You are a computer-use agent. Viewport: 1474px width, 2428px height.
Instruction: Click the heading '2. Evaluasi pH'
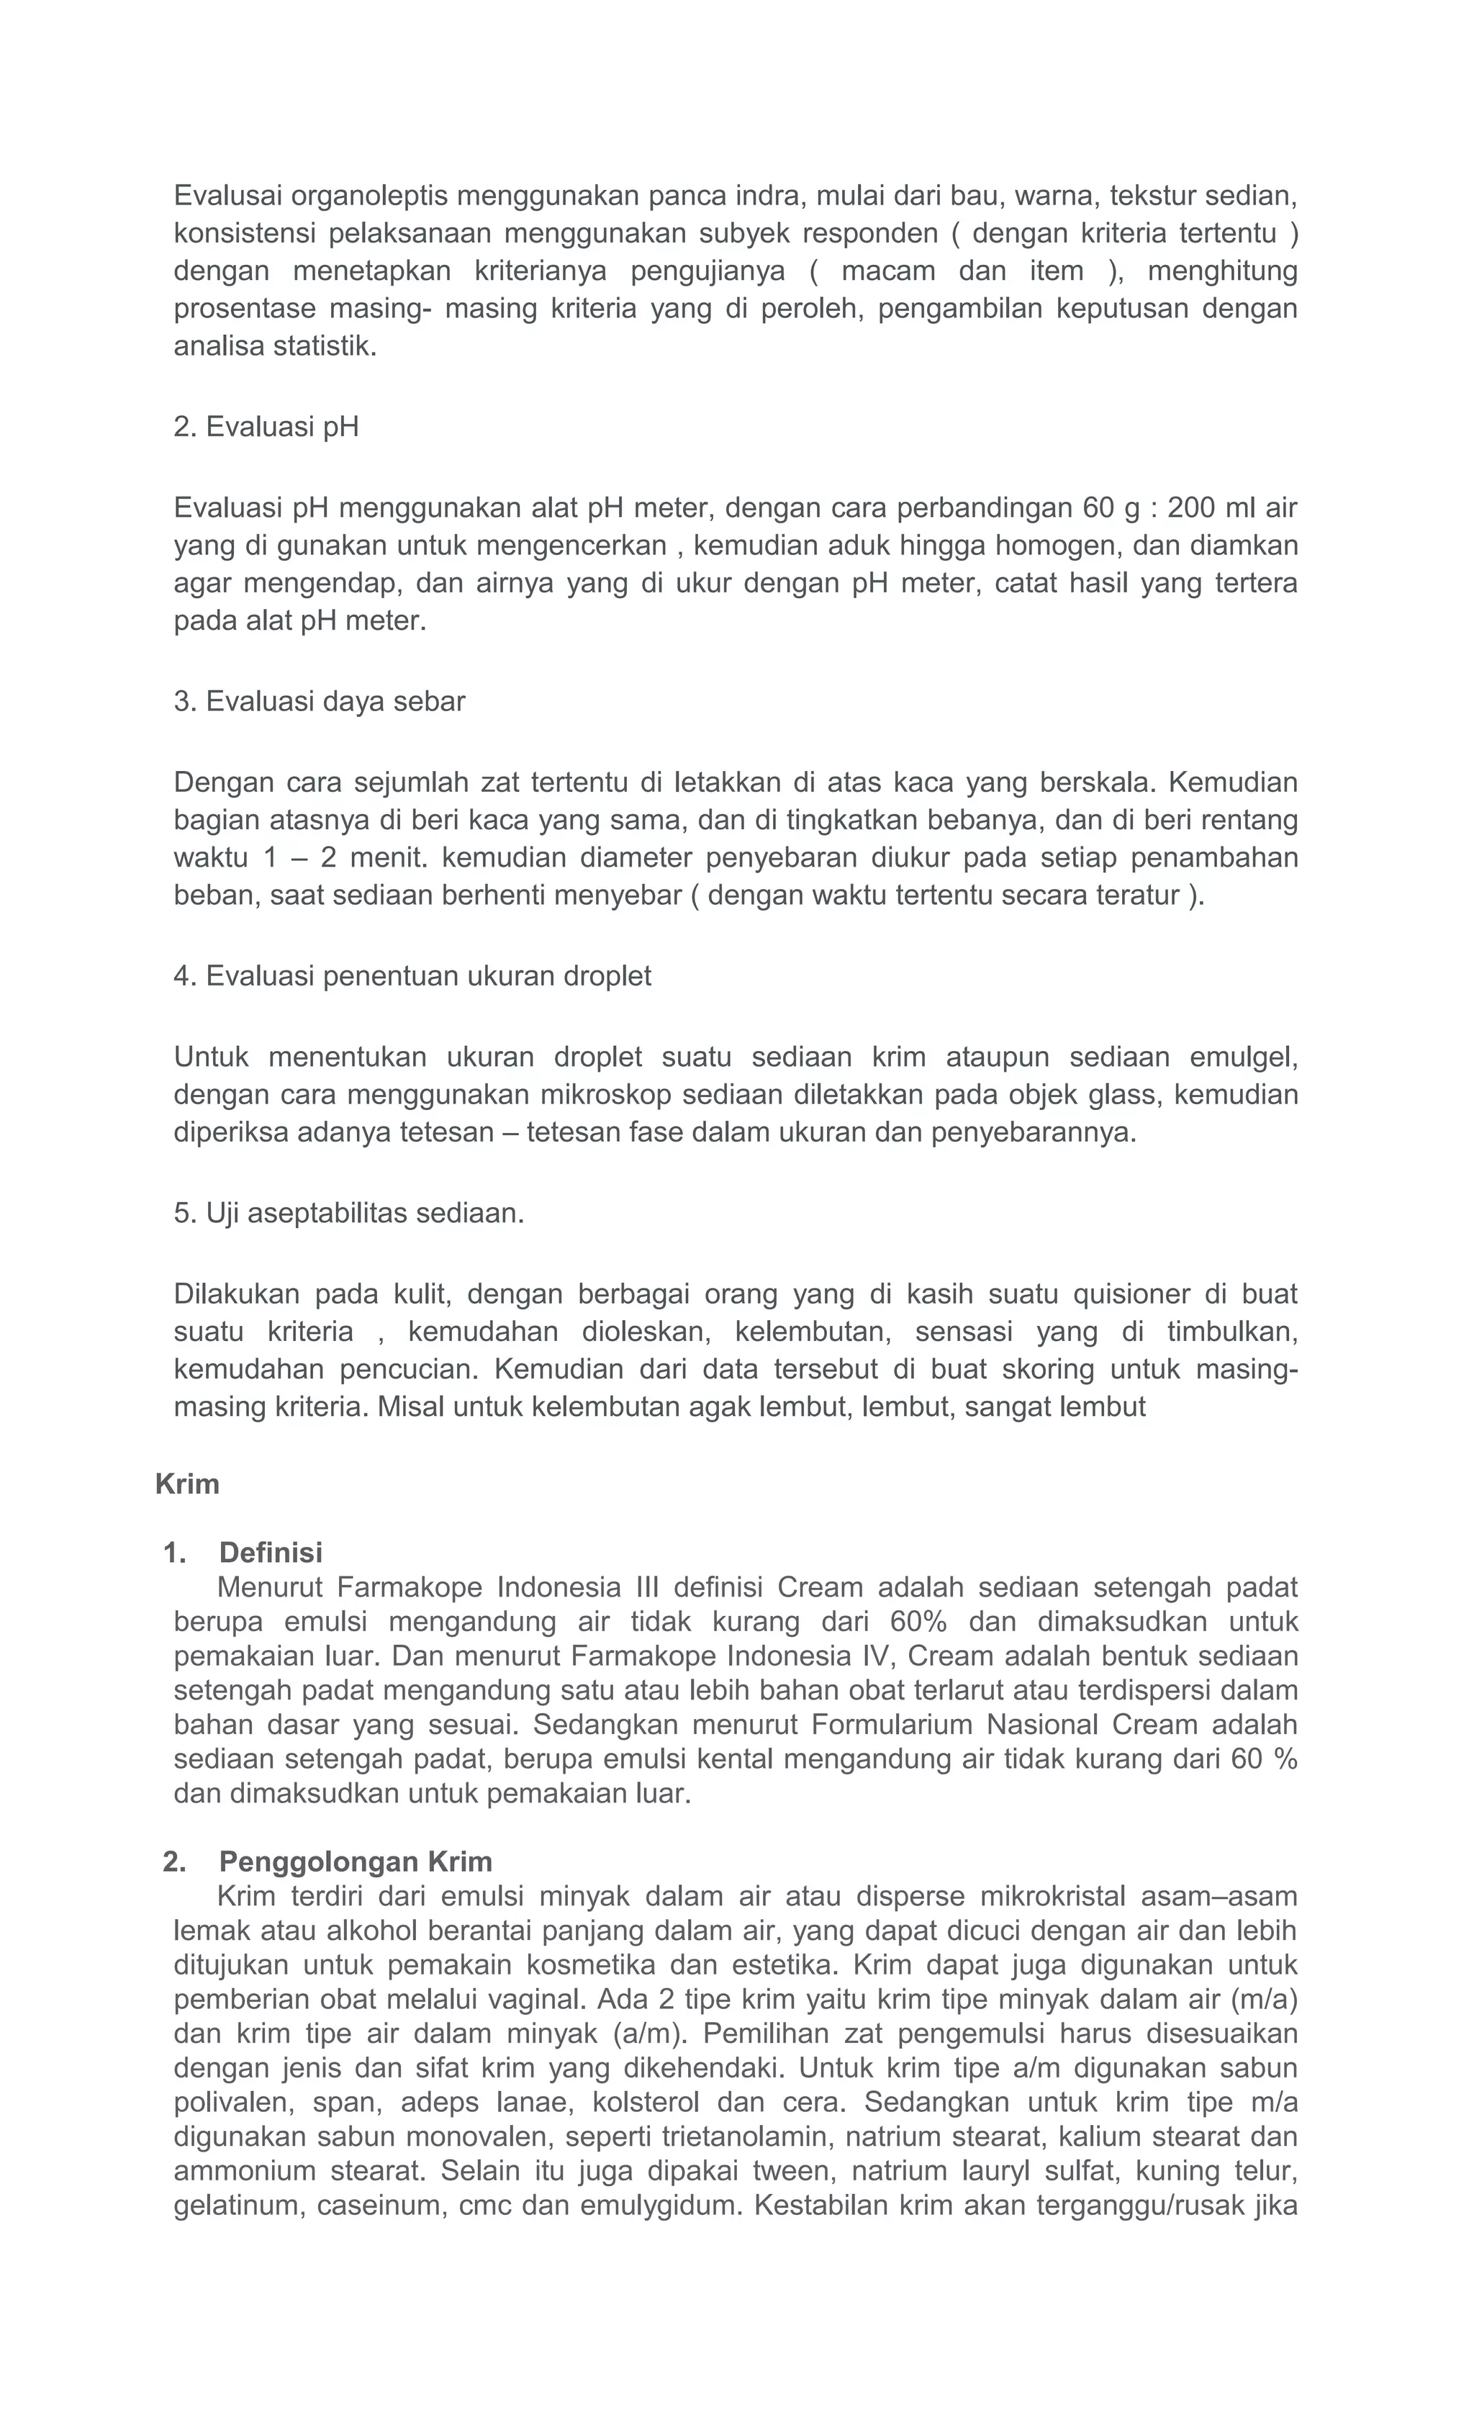[x=266, y=427]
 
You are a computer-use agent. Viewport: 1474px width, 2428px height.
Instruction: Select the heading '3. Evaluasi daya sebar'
[x=320, y=702]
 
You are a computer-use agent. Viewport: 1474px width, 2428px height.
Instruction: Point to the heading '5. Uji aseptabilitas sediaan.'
[x=349, y=1213]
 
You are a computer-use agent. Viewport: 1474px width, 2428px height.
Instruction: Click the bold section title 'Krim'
[x=187, y=1484]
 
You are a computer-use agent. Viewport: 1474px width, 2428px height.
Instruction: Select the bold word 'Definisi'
[x=271, y=1553]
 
